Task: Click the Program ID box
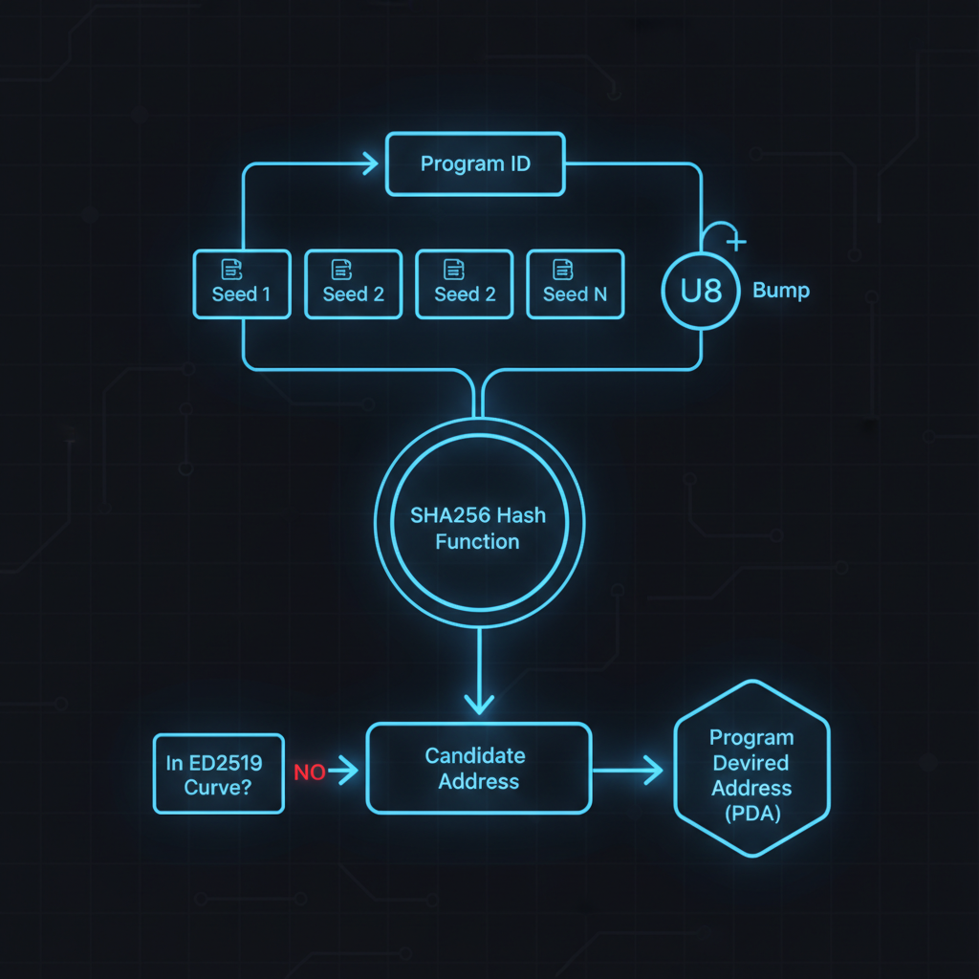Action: coord(475,164)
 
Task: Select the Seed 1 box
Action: coord(241,284)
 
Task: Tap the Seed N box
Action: coord(575,284)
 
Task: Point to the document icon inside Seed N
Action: coord(563,269)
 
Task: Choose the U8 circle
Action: coord(701,291)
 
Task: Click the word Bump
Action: coord(781,290)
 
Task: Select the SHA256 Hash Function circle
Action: coord(478,528)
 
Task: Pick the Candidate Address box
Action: coord(478,769)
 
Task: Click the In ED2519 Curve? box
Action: coord(218,773)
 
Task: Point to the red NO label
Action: coord(309,772)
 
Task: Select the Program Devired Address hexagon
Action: coord(751,769)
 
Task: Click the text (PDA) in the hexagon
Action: coord(751,814)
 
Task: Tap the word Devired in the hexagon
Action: coord(751,763)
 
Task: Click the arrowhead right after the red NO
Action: coord(348,771)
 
